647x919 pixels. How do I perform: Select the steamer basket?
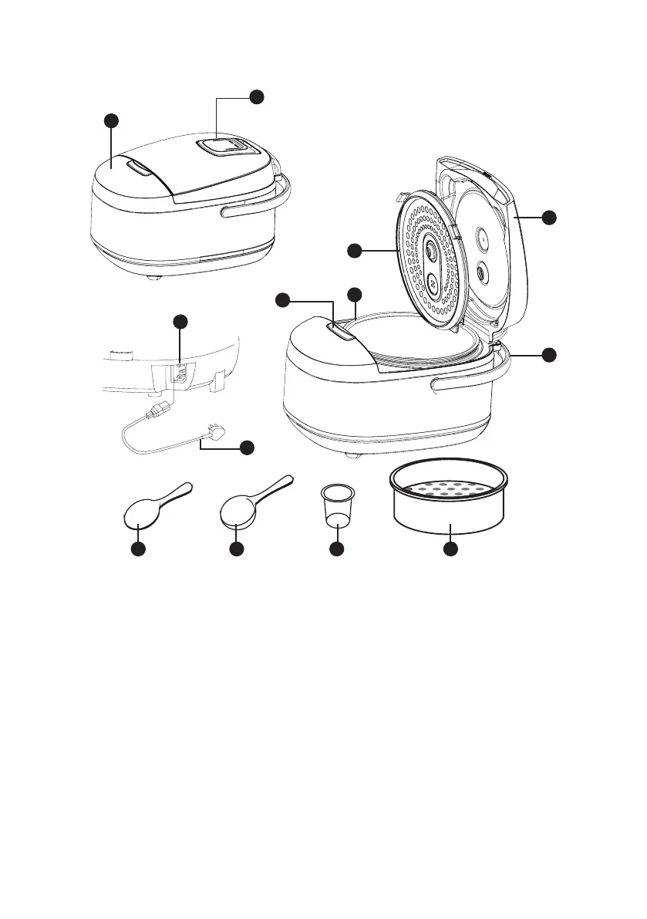point(450,502)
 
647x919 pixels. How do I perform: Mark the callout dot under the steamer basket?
point(450,549)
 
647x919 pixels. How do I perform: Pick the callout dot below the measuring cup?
point(336,549)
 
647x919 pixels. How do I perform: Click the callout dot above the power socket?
point(179,321)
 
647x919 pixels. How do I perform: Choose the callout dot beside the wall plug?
point(246,448)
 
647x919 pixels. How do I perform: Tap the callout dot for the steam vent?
point(257,95)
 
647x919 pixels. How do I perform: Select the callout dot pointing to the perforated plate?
point(353,250)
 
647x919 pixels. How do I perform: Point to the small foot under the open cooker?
point(353,458)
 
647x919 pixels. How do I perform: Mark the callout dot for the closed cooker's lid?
point(112,120)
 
